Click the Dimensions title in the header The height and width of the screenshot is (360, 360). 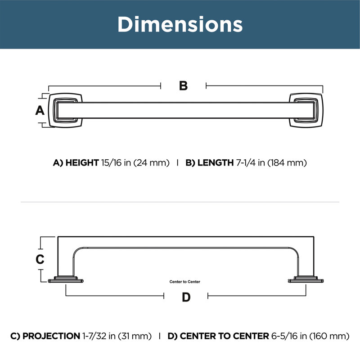[180, 24]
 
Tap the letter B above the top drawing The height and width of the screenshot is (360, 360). [183, 86]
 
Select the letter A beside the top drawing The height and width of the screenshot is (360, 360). [40, 110]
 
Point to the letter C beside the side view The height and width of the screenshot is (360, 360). [40, 259]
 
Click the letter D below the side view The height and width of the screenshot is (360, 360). [186, 297]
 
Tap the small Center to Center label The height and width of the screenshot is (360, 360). [184, 282]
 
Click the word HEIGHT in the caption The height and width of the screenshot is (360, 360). [82, 163]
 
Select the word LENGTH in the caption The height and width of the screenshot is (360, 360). [216, 163]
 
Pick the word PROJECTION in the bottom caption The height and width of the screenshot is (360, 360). [51, 336]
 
